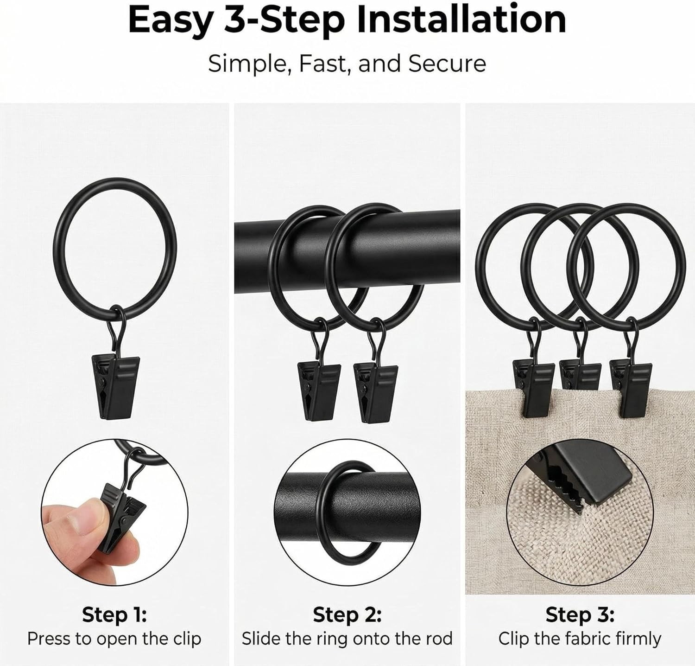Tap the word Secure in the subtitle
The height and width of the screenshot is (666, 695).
[447, 64]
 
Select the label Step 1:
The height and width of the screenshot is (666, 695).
[114, 615]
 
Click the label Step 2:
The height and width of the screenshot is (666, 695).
[347, 615]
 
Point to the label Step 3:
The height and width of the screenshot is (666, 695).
[580, 615]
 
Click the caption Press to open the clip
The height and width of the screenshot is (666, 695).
[114, 639]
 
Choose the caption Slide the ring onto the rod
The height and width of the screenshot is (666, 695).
[347, 639]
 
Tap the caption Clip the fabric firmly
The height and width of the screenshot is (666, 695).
[580, 639]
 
